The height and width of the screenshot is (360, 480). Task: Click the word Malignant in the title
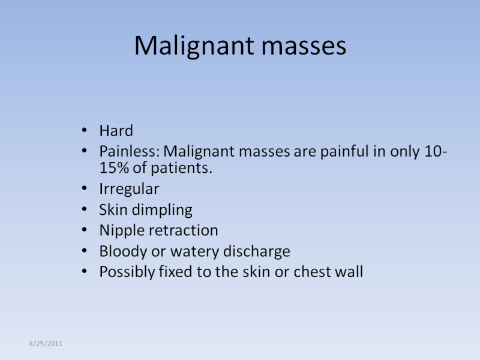[194, 46]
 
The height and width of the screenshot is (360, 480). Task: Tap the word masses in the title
[304, 46]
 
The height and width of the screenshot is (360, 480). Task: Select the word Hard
[116, 131]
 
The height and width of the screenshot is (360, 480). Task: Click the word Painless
[130, 151]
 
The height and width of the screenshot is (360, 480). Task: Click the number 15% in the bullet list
[114, 168]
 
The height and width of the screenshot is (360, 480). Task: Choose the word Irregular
[129, 189]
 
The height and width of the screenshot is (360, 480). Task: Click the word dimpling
[162, 210]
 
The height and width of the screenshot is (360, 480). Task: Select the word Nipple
[122, 230]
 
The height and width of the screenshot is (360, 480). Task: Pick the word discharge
[257, 251]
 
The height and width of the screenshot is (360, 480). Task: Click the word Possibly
[127, 272]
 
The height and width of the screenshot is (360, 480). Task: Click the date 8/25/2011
[46, 343]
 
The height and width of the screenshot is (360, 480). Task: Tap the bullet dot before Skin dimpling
[85, 209]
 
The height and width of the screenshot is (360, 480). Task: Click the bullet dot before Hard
[85, 130]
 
